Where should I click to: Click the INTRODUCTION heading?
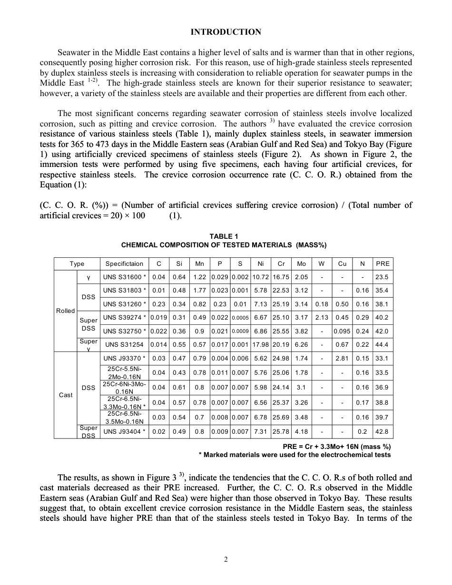pos(226,32)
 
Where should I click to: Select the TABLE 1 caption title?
pos(224,236)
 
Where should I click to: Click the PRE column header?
pos(383,263)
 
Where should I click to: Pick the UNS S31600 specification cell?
pos(124,277)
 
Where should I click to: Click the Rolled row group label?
pos(65,311)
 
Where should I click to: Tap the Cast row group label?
pos(65,395)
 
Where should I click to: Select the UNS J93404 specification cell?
pos(124,432)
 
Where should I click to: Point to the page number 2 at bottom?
pos(226,559)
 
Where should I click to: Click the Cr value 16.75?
pos(281,277)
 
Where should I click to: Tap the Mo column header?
pos(301,263)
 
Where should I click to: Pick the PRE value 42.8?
pos(383,432)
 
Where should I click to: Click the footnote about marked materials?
pos(295,455)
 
